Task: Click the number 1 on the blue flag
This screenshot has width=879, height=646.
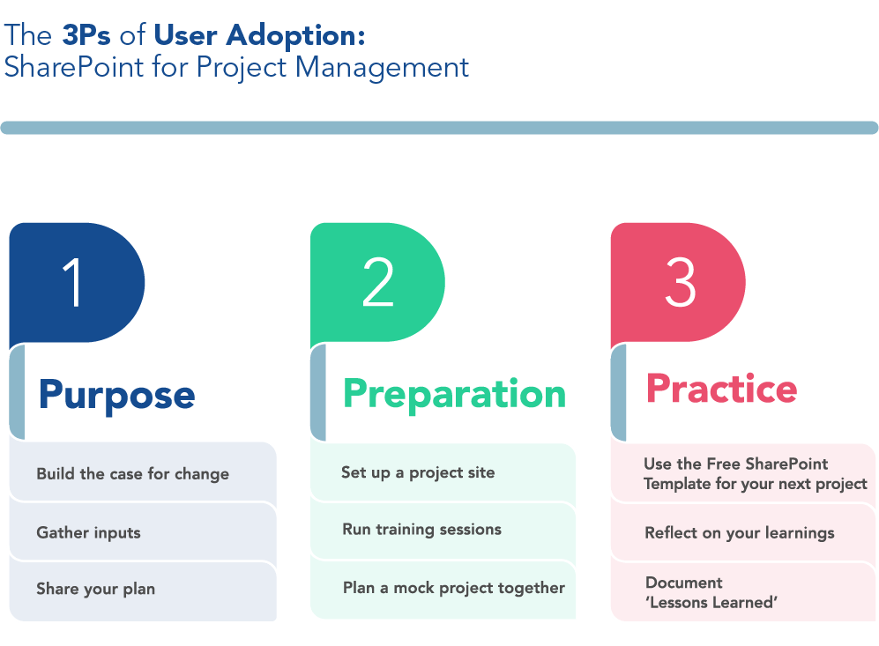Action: [73, 282]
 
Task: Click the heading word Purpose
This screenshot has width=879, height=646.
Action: [116, 396]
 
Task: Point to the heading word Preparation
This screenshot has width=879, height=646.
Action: [454, 395]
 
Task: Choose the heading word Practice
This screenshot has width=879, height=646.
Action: [721, 389]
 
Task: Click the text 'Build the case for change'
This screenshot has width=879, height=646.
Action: [133, 474]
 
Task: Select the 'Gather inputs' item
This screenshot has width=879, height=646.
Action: [88, 533]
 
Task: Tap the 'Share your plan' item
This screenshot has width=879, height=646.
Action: [96, 589]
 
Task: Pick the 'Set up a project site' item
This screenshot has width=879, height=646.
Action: [418, 473]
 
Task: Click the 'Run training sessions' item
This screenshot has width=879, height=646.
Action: [422, 530]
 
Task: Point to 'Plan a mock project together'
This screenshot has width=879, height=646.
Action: [454, 588]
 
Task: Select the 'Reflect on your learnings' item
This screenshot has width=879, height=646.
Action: [740, 533]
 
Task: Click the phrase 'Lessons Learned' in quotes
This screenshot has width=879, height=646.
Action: [711, 602]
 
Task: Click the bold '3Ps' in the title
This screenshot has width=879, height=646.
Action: [86, 34]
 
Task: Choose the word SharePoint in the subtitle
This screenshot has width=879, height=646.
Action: [74, 67]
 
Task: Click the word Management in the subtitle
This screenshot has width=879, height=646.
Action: [382, 68]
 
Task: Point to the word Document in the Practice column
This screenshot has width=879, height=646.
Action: [684, 583]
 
